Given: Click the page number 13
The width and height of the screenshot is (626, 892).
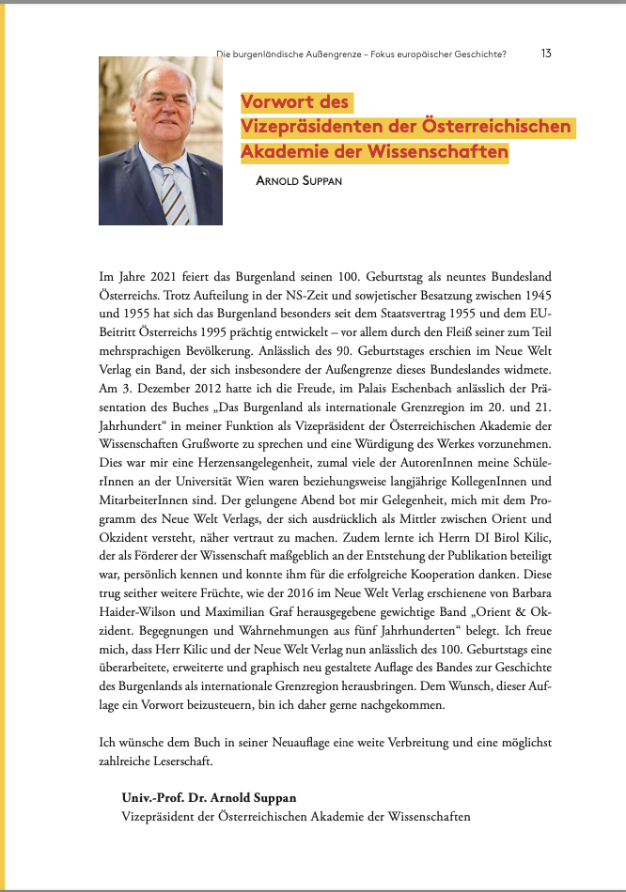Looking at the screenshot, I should [546, 53].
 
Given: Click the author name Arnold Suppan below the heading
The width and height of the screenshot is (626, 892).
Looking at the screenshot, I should [299, 180].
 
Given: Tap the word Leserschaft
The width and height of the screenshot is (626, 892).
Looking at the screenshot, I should [184, 761].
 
